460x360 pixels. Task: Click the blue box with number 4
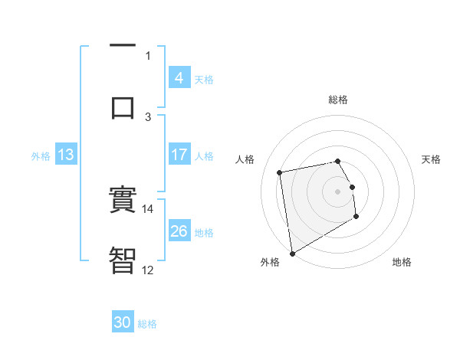(179, 78)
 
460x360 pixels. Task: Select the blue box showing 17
(179, 155)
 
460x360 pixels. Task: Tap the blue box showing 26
(179, 231)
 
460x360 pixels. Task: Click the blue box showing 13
(66, 155)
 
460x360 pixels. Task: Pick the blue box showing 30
(123, 323)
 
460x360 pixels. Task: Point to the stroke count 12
(148, 270)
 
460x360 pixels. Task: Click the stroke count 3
(148, 116)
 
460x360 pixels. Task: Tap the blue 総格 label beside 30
(147, 324)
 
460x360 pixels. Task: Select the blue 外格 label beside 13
(41, 156)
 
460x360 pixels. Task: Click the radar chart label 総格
(338, 100)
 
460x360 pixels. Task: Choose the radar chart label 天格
(431, 159)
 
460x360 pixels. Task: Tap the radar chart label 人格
(245, 159)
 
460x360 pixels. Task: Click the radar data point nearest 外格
(292, 253)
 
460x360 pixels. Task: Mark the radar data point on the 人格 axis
(280, 172)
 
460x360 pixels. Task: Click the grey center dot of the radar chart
(338, 191)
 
